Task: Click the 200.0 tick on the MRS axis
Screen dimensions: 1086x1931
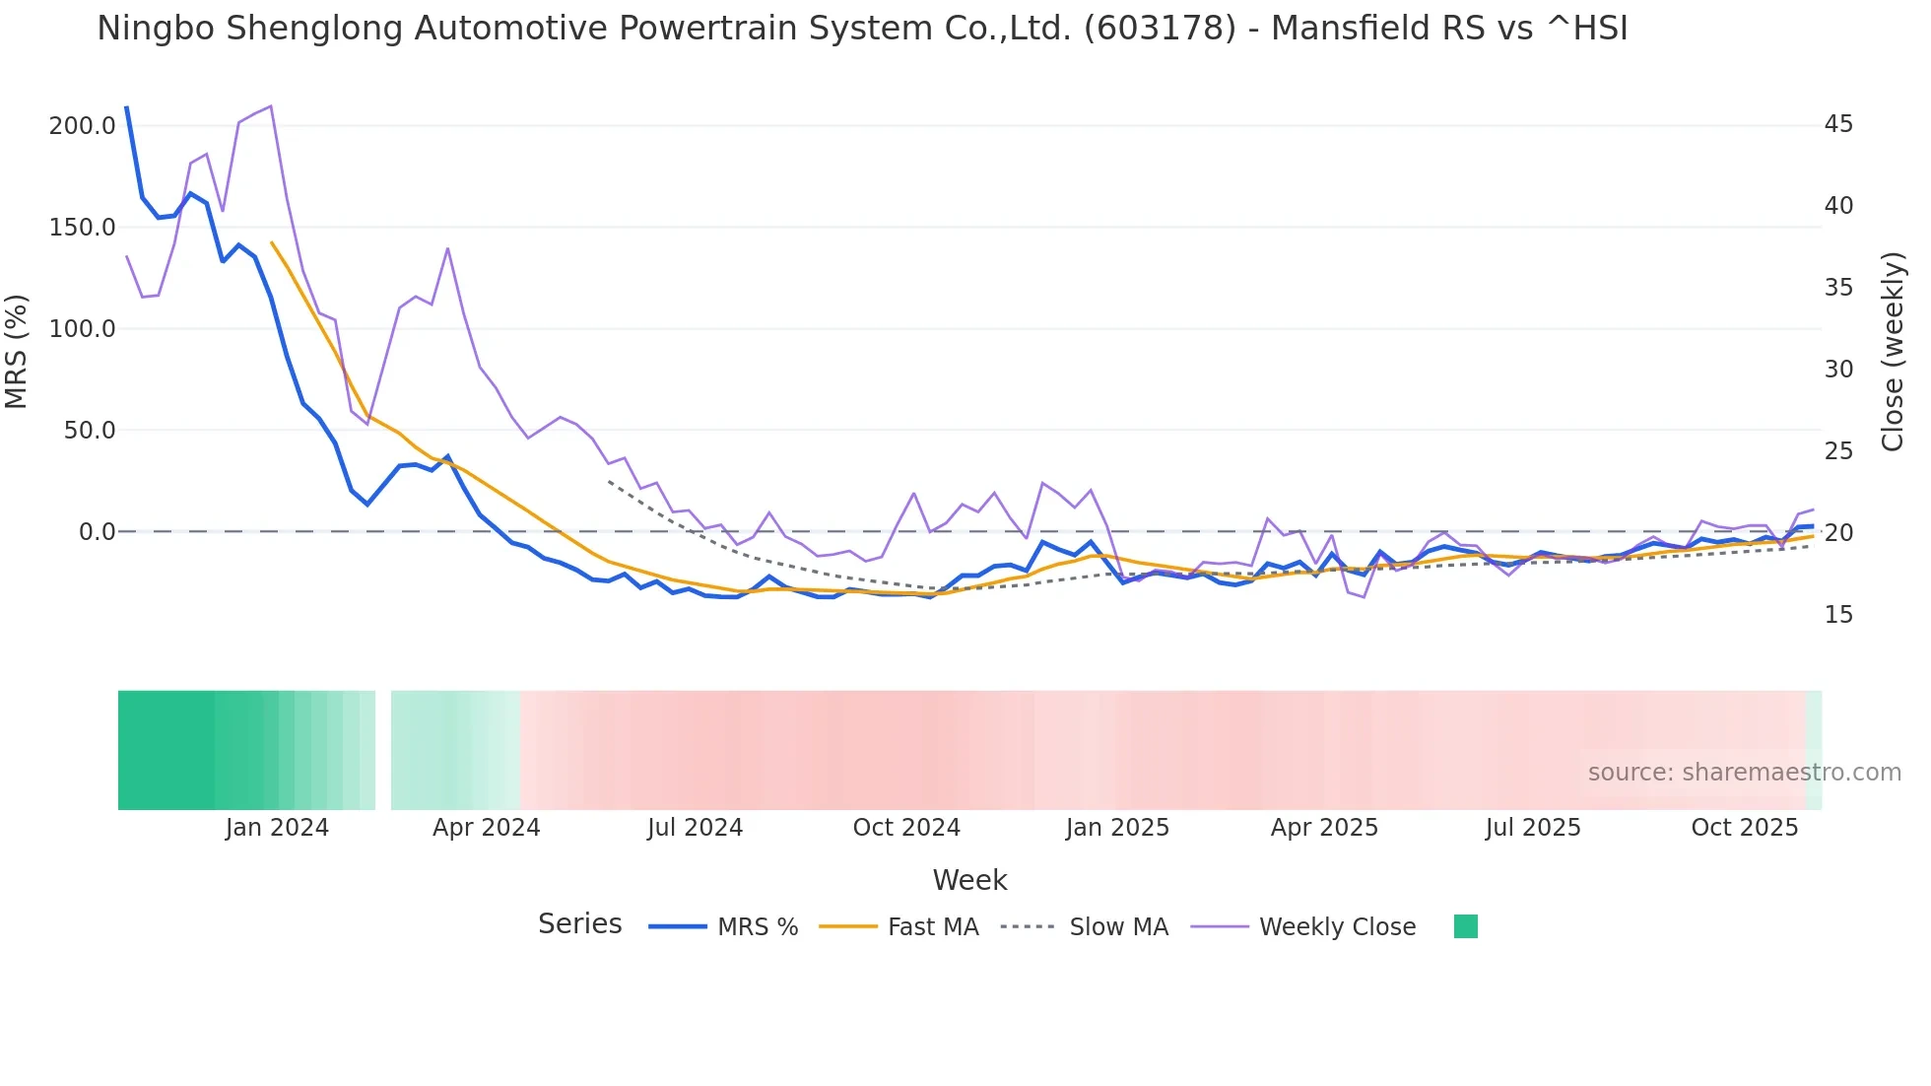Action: [82, 126]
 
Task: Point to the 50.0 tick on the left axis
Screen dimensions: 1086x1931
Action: [89, 431]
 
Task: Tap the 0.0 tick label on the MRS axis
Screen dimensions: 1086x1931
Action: [97, 532]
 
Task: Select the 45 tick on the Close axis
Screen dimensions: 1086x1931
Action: [1838, 124]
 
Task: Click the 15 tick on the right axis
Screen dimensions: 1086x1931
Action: [1838, 615]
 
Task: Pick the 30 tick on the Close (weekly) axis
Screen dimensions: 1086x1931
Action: [1838, 370]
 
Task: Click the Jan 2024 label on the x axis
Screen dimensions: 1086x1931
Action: [277, 828]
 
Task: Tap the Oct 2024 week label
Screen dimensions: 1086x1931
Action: [906, 828]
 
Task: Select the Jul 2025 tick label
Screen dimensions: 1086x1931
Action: [1533, 828]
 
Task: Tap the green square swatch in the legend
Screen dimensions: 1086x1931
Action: [1465, 926]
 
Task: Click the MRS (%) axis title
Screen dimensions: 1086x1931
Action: [17, 351]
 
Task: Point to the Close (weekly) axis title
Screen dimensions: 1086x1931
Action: [1892, 352]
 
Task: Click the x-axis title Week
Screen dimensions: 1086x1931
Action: [969, 880]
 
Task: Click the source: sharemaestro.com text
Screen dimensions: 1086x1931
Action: [1744, 773]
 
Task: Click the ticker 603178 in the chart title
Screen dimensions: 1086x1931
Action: [1159, 29]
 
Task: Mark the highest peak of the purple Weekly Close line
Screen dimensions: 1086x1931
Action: [270, 106]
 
